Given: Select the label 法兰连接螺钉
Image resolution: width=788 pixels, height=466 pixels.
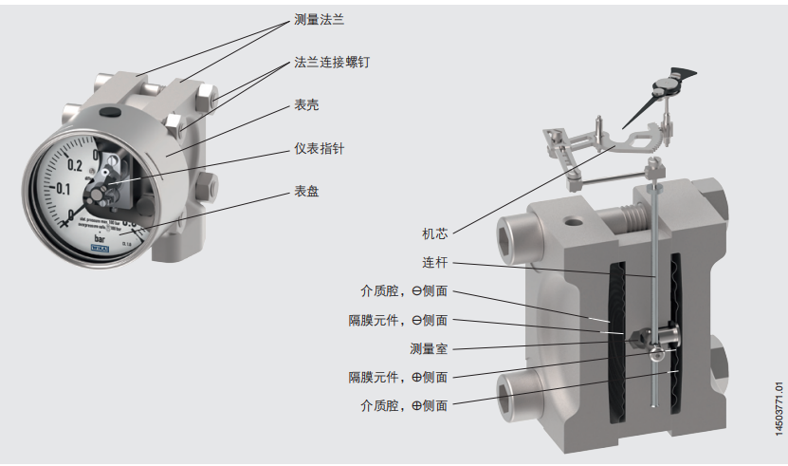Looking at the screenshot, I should coord(331,62).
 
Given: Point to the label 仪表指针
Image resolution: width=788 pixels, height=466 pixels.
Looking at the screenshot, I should coord(318,149).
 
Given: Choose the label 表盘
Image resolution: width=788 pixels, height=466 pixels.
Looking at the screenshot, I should coord(306,192).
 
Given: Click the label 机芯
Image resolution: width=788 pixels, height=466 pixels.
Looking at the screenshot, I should coord(435,232).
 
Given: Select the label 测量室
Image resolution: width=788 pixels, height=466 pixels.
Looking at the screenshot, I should coord(429,347).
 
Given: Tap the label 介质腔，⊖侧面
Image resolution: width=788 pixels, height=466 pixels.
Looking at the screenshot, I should coord(403,290).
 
